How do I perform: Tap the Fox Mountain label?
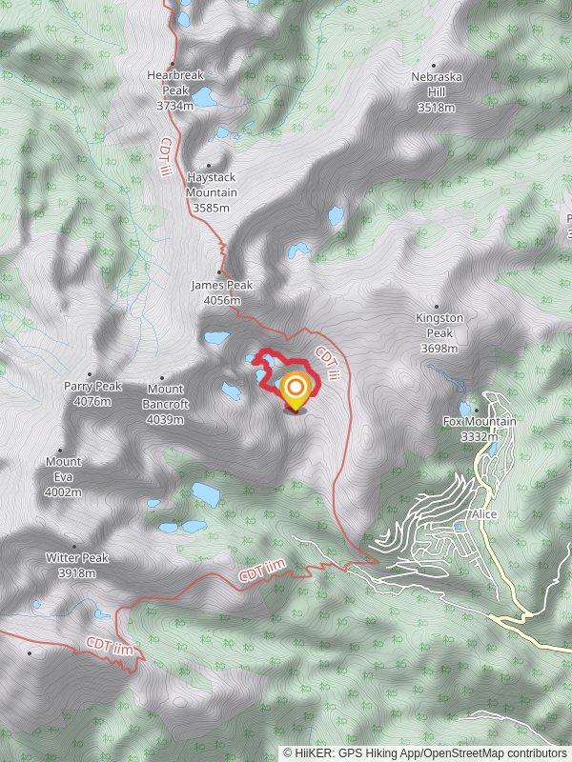point(480,421)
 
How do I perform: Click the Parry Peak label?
point(93,387)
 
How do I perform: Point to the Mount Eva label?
point(64,462)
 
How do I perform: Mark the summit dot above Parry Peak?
point(91,374)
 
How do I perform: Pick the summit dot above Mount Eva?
point(61,451)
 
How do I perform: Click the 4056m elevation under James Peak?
point(221,300)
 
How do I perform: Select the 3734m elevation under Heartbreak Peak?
point(174,106)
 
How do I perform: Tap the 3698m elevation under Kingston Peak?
point(439,349)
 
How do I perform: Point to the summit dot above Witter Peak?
point(75,547)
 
